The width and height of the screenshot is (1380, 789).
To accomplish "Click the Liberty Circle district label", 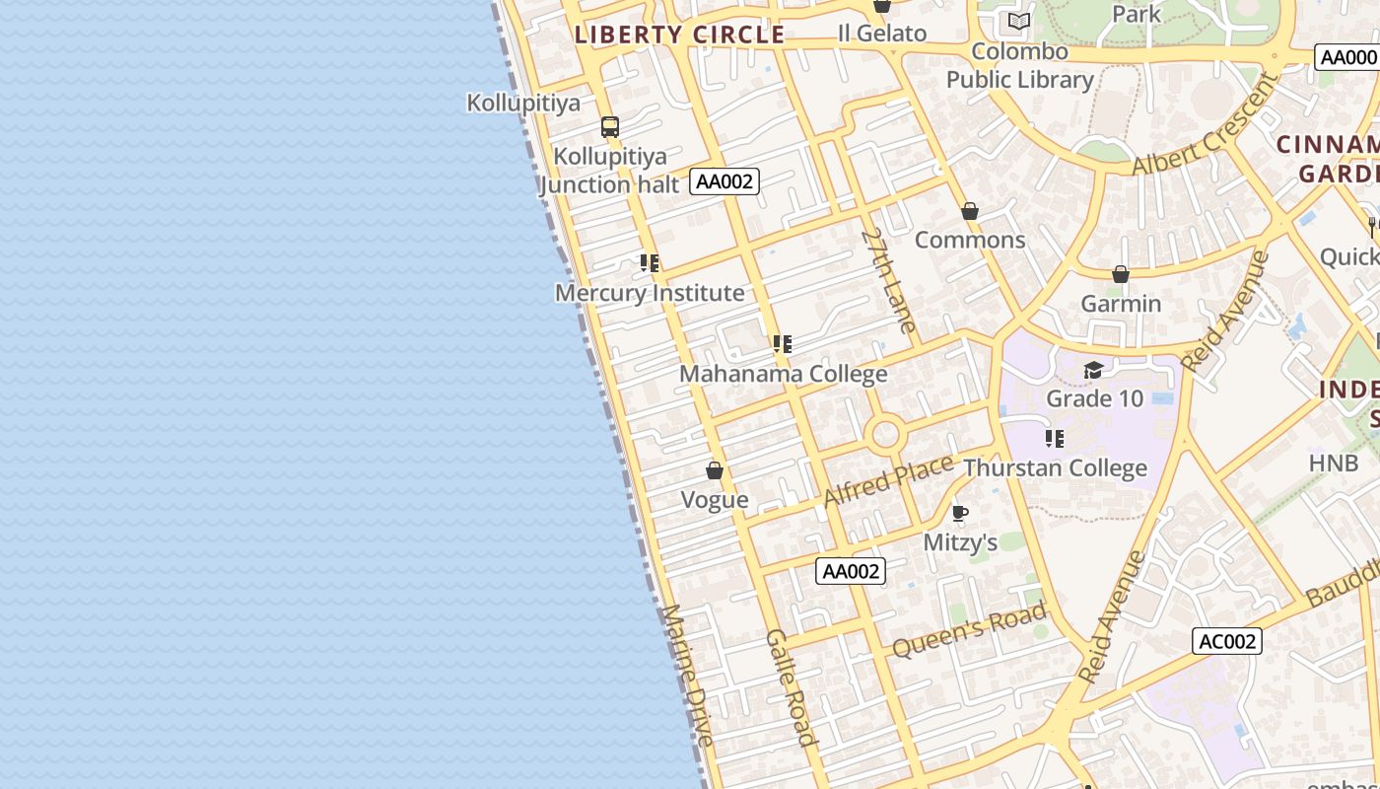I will [679, 35].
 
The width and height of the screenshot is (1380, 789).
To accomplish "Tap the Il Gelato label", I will [882, 34].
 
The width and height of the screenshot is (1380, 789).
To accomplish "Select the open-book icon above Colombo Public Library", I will [1019, 21].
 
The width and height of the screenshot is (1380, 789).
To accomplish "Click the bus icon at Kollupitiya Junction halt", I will [610, 126].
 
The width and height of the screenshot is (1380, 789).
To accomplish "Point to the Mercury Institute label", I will [650, 293].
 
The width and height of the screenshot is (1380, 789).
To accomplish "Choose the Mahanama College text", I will [784, 374].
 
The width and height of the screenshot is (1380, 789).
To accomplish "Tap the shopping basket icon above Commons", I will [970, 211].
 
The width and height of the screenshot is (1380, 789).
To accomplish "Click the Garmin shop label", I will [1121, 304].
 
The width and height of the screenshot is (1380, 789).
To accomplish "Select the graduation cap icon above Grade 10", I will [1093, 370].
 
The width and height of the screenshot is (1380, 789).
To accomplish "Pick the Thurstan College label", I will [1055, 467].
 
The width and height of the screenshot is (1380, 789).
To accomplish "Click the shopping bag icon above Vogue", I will [715, 470].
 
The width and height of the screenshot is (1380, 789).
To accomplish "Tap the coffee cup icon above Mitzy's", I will [960, 513].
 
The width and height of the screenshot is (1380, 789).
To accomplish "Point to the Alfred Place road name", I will [888, 479].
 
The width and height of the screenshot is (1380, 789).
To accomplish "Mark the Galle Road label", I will [791, 686].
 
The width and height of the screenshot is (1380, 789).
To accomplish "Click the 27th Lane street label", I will [889, 281].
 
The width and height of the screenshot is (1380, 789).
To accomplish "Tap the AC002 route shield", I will [1226, 641].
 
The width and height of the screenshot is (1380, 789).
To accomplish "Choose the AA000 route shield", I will [1346, 57].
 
